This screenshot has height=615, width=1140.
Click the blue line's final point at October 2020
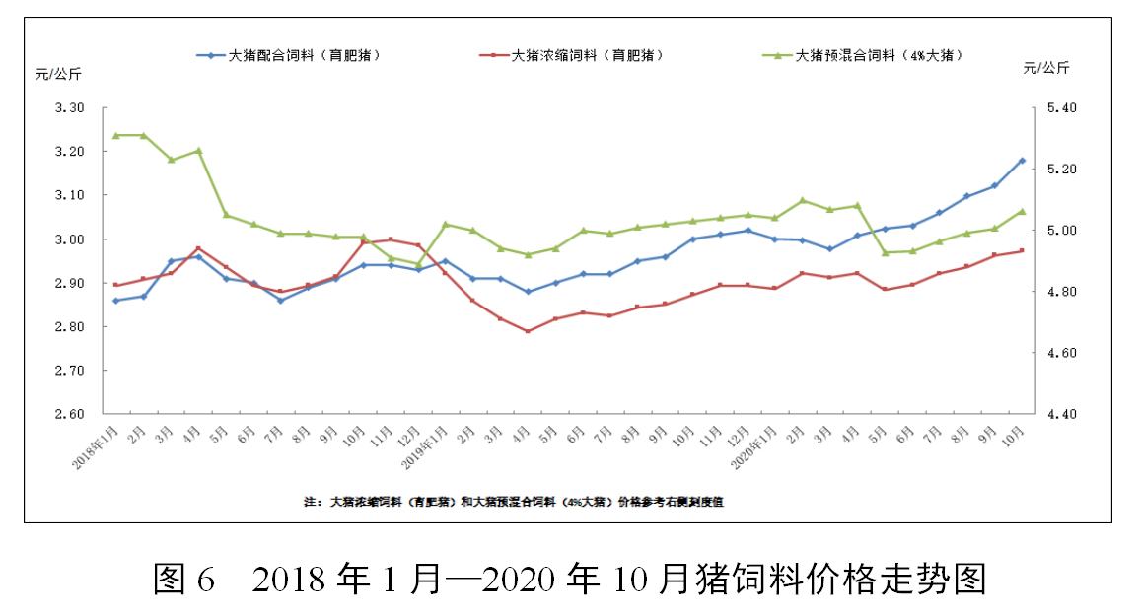(x=1022, y=161)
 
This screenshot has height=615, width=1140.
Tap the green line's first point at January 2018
(x=115, y=135)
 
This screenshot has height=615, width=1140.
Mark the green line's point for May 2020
(x=885, y=253)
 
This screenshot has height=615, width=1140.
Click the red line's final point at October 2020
(x=1022, y=250)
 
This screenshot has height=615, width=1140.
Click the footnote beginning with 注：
(x=514, y=502)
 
